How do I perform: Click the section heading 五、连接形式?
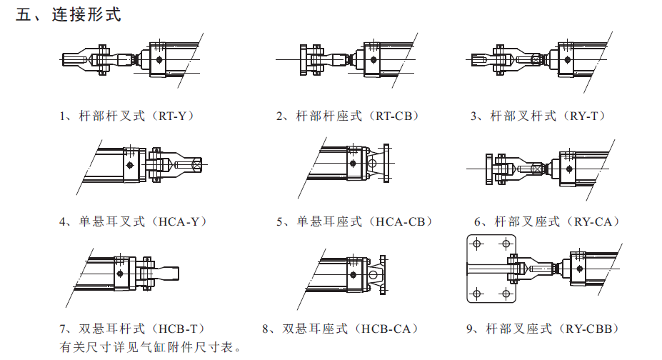[x=69, y=15]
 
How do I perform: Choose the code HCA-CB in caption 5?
[x=403, y=222]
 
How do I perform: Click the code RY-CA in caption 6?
[x=593, y=222]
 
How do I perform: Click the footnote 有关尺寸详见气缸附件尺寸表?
[x=150, y=348]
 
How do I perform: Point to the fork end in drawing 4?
[x=164, y=166]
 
